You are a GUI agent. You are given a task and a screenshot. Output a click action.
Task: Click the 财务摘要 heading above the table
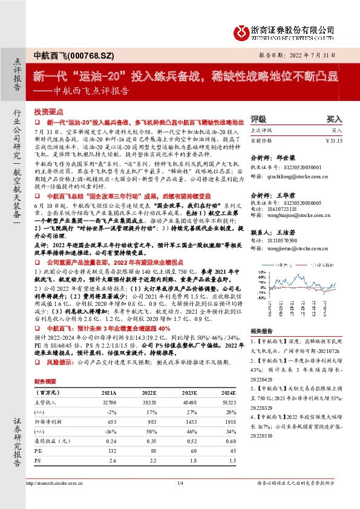(x=46, y=382)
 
